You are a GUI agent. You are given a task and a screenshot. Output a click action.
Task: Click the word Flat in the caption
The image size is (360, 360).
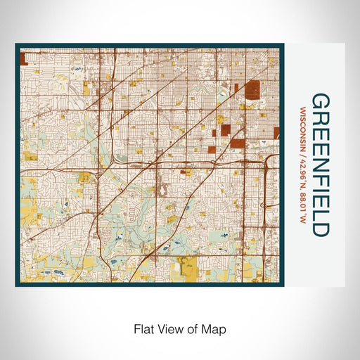pyautogui.click(x=140, y=328)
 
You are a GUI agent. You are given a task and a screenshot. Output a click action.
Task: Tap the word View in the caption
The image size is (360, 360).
pyautogui.click(x=165, y=328)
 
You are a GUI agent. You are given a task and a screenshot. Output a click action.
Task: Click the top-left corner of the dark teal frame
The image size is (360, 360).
pyautogui.click(x=17, y=46)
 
